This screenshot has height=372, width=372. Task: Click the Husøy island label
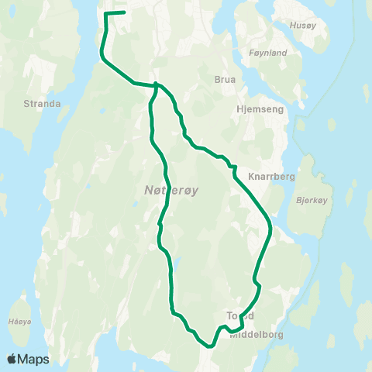302,25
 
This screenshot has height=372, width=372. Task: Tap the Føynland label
269,53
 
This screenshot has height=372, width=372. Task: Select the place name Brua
223,79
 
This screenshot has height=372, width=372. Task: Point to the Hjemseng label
260,110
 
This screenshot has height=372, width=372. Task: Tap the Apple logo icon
12,359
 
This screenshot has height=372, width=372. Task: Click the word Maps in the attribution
34,359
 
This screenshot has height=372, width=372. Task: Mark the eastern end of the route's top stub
126,12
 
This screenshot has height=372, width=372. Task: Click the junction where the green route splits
157,85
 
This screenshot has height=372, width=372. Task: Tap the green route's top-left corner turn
106,14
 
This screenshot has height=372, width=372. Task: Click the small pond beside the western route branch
178,262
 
